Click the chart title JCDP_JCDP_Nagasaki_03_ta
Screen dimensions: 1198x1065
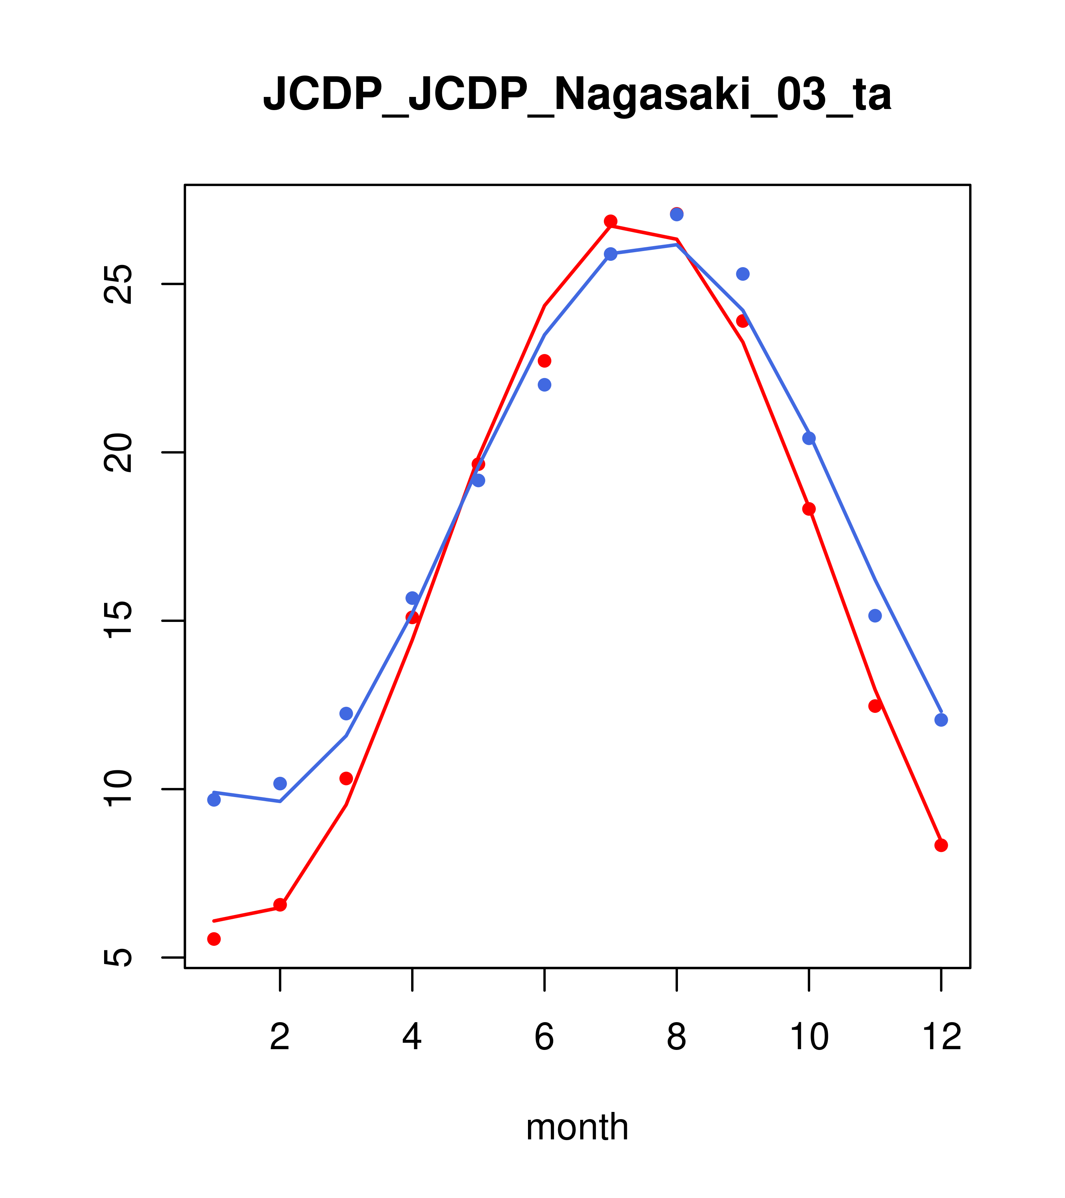(x=577, y=94)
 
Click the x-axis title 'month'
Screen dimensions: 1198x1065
(x=577, y=1127)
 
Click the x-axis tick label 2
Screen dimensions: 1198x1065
(x=280, y=1038)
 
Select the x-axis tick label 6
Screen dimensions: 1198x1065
(x=545, y=1038)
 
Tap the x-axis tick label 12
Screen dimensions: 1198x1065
(x=941, y=1038)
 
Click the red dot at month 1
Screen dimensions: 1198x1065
(x=214, y=939)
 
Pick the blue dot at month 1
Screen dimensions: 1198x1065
(x=214, y=800)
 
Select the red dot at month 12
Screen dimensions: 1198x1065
(x=941, y=845)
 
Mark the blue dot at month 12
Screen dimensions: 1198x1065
(x=941, y=720)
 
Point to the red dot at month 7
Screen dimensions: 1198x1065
(x=611, y=221)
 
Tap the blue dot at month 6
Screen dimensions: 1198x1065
(x=545, y=384)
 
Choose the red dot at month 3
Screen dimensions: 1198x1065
(x=346, y=778)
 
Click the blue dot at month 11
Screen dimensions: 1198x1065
(x=875, y=616)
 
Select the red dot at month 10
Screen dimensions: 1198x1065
(x=809, y=509)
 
